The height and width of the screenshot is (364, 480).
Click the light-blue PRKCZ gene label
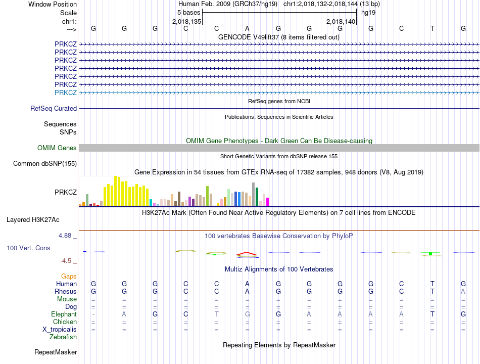click(x=66, y=93)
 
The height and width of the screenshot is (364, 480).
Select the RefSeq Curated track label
click(x=54, y=108)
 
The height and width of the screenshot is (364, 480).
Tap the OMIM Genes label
click(x=57, y=148)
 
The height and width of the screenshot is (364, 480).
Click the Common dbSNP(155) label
click(x=45, y=163)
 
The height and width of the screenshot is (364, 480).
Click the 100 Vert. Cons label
click(x=29, y=248)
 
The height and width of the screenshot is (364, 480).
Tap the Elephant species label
click(x=64, y=314)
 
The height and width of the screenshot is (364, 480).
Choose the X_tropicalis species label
click(x=60, y=329)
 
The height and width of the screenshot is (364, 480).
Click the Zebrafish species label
click(x=63, y=337)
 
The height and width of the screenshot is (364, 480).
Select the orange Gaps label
click(x=69, y=276)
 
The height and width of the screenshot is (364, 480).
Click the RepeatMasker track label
click(x=56, y=352)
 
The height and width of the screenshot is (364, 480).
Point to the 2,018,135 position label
click(x=187, y=21)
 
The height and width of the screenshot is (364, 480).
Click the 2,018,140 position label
click(x=341, y=21)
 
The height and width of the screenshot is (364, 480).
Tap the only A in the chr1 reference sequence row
click(x=247, y=28)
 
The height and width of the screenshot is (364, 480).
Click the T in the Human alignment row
click(x=432, y=284)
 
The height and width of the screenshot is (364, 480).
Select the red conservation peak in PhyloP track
click(x=247, y=253)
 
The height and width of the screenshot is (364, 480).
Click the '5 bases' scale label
click(x=188, y=12)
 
